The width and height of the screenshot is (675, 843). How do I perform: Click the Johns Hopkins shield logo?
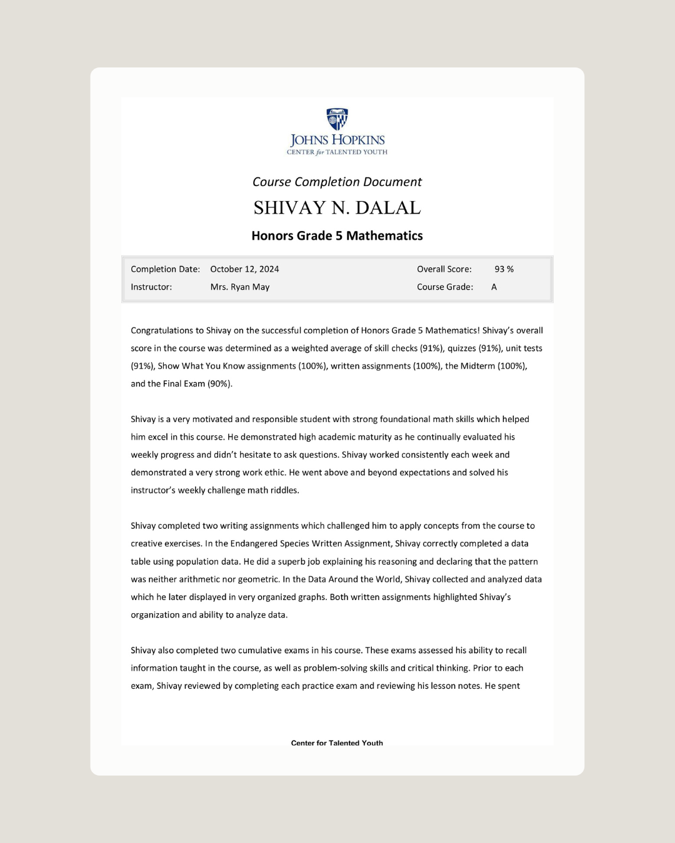click(337, 119)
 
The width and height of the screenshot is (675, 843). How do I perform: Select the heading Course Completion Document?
click(337, 182)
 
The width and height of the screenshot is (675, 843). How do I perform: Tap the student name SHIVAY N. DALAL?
click(337, 208)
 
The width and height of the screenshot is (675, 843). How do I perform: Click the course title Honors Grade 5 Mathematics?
click(337, 236)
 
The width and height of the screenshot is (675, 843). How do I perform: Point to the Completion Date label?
click(165, 269)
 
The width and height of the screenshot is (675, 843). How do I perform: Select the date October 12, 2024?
click(244, 269)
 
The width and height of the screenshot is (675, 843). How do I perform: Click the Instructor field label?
click(151, 287)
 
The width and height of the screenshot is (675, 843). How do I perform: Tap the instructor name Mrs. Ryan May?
click(240, 287)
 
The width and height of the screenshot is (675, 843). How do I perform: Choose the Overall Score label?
click(444, 269)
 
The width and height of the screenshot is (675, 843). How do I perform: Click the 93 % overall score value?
click(504, 269)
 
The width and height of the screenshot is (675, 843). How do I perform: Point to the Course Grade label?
click(445, 287)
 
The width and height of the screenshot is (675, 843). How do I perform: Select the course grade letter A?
click(494, 287)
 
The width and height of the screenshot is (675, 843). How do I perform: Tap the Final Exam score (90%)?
click(219, 384)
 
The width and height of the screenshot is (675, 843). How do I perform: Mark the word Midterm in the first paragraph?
click(477, 366)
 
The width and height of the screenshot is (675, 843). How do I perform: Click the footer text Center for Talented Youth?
click(337, 742)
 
